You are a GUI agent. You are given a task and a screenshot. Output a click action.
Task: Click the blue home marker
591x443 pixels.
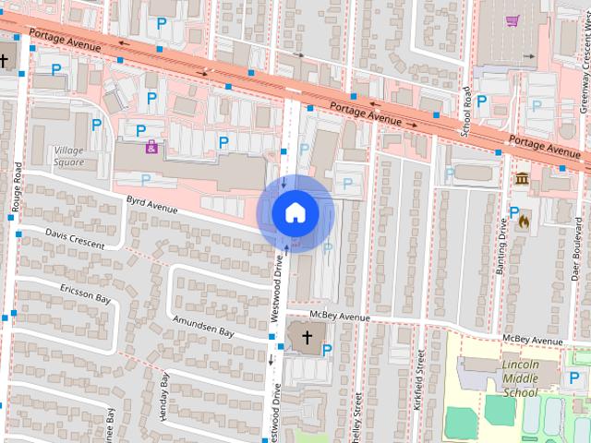click(295, 212)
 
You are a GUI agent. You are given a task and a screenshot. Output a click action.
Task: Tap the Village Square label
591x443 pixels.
click(68, 156)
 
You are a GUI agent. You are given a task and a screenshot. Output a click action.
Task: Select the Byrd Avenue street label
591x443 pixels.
click(151, 203)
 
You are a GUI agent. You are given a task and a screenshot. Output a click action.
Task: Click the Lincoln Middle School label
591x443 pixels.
click(521, 378)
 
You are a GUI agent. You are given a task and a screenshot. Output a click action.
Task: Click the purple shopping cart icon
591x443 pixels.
click(513, 18)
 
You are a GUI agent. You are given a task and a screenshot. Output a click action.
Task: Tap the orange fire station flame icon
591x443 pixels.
click(525, 221)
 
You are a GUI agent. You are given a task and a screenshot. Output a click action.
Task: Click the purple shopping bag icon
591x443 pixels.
click(151, 146)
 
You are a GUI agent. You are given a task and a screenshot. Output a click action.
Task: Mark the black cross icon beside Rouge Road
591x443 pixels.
click(6, 60)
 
